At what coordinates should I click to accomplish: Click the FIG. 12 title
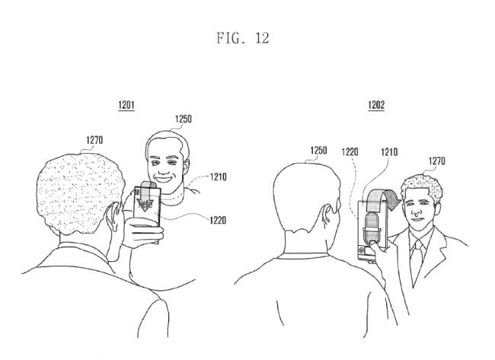tap(242, 38)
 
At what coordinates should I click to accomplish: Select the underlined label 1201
tap(126, 105)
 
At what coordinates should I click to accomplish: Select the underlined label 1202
tap(376, 105)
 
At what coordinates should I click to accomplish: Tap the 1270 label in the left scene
tap(94, 140)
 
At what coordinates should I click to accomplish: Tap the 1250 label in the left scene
tap(184, 119)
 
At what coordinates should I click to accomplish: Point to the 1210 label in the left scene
tap(219, 177)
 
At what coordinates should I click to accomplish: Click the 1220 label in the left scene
tap(218, 220)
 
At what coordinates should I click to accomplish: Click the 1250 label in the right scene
tap(318, 151)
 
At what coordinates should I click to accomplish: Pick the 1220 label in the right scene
tap(350, 152)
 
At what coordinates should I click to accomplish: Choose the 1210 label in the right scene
tap(389, 152)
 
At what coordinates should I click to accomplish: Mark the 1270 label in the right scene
tap(437, 161)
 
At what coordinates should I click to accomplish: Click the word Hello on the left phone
tap(145, 204)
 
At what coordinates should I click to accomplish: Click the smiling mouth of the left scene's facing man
tap(164, 179)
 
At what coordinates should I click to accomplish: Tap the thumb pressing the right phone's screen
tap(374, 244)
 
